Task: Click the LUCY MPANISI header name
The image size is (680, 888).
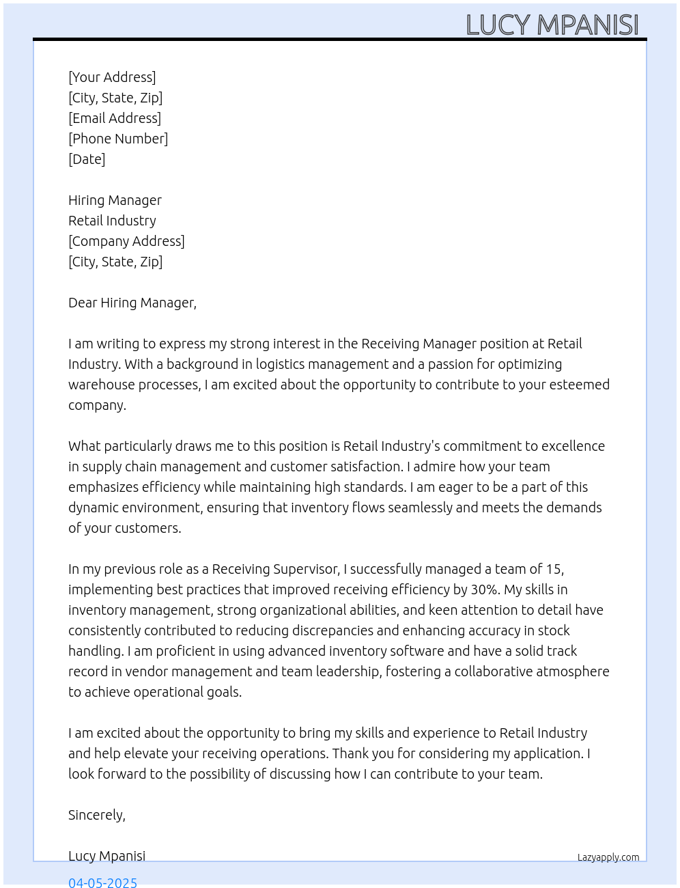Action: click(552, 25)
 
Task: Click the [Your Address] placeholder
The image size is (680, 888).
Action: click(112, 77)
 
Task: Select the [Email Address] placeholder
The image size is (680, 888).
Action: click(115, 118)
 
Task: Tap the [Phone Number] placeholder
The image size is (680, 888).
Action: click(118, 139)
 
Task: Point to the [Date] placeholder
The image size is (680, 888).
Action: click(87, 159)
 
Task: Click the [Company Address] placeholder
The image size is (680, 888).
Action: click(126, 241)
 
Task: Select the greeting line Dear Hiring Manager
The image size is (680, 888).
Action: click(132, 303)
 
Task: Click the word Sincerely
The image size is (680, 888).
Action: click(96, 815)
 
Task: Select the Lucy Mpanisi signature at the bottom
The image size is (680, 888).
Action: click(107, 856)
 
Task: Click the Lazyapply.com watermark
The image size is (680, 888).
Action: click(608, 857)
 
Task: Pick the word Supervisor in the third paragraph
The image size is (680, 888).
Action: click(305, 569)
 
